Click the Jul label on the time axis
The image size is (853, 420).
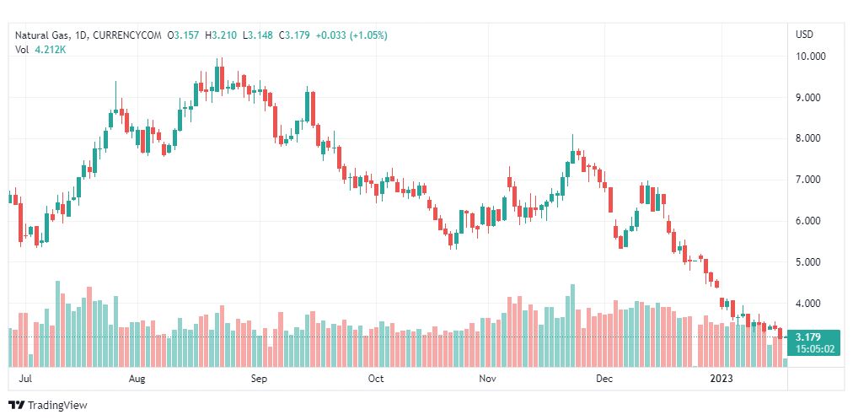click(x=26, y=380)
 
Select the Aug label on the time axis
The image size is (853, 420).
click(x=138, y=380)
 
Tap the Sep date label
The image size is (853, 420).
click(x=259, y=380)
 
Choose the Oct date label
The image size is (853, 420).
click(x=376, y=380)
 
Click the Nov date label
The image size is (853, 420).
click(x=487, y=380)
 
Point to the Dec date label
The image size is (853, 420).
click(x=604, y=380)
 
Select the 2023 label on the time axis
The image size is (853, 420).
click(x=722, y=380)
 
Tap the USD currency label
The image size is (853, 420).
click(x=804, y=35)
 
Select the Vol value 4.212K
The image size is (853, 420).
click(x=50, y=50)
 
